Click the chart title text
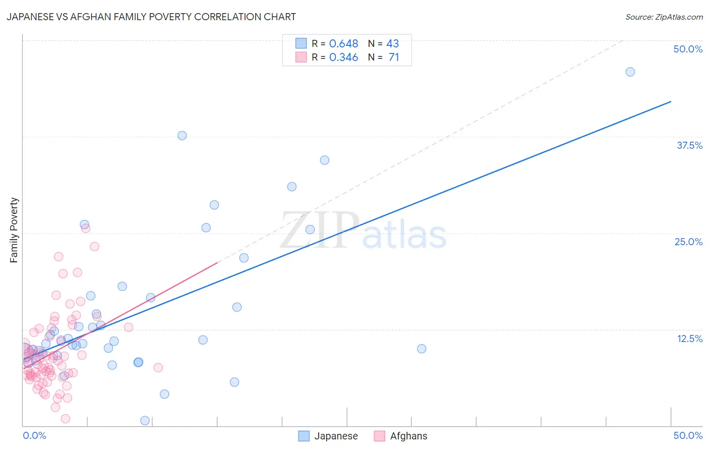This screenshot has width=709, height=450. click(x=151, y=17)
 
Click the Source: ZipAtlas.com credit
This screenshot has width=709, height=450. click(x=664, y=17)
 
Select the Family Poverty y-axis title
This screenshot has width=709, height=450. click(x=14, y=230)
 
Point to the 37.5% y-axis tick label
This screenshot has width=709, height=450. click(x=689, y=145)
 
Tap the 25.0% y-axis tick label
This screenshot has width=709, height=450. click(x=688, y=242)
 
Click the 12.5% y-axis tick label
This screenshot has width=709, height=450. click(x=689, y=339)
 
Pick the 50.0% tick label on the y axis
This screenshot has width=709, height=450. click(x=688, y=49)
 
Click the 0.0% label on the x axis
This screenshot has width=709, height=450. click(x=34, y=435)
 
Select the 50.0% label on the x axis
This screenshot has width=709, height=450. click(x=688, y=435)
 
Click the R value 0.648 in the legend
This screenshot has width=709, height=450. click(x=343, y=44)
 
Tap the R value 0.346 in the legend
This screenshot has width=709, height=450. click(x=343, y=58)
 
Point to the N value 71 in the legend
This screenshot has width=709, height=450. click(x=394, y=58)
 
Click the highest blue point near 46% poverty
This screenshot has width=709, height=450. click(x=630, y=72)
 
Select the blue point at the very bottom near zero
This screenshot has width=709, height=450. click(x=145, y=421)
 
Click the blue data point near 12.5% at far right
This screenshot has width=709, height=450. click(x=422, y=349)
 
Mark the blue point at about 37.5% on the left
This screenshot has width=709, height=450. click(x=182, y=136)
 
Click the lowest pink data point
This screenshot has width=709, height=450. click(x=65, y=419)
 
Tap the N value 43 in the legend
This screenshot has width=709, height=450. click(x=392, y=44)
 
